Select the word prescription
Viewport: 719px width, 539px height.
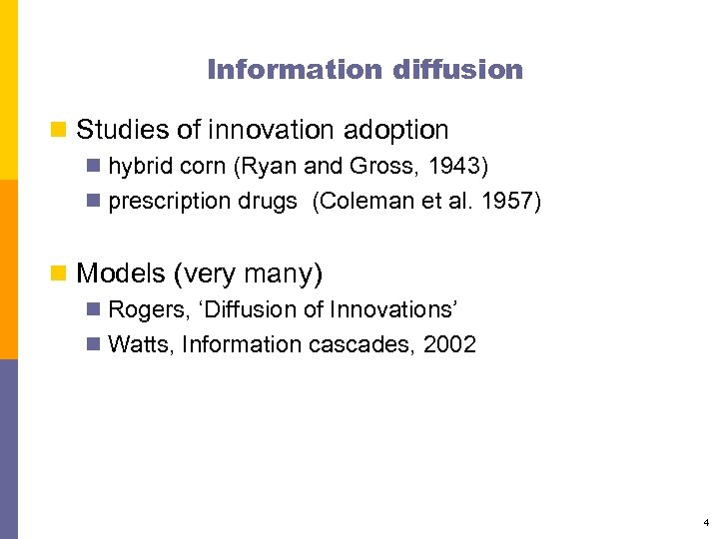169,202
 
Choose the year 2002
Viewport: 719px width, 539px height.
449,345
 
